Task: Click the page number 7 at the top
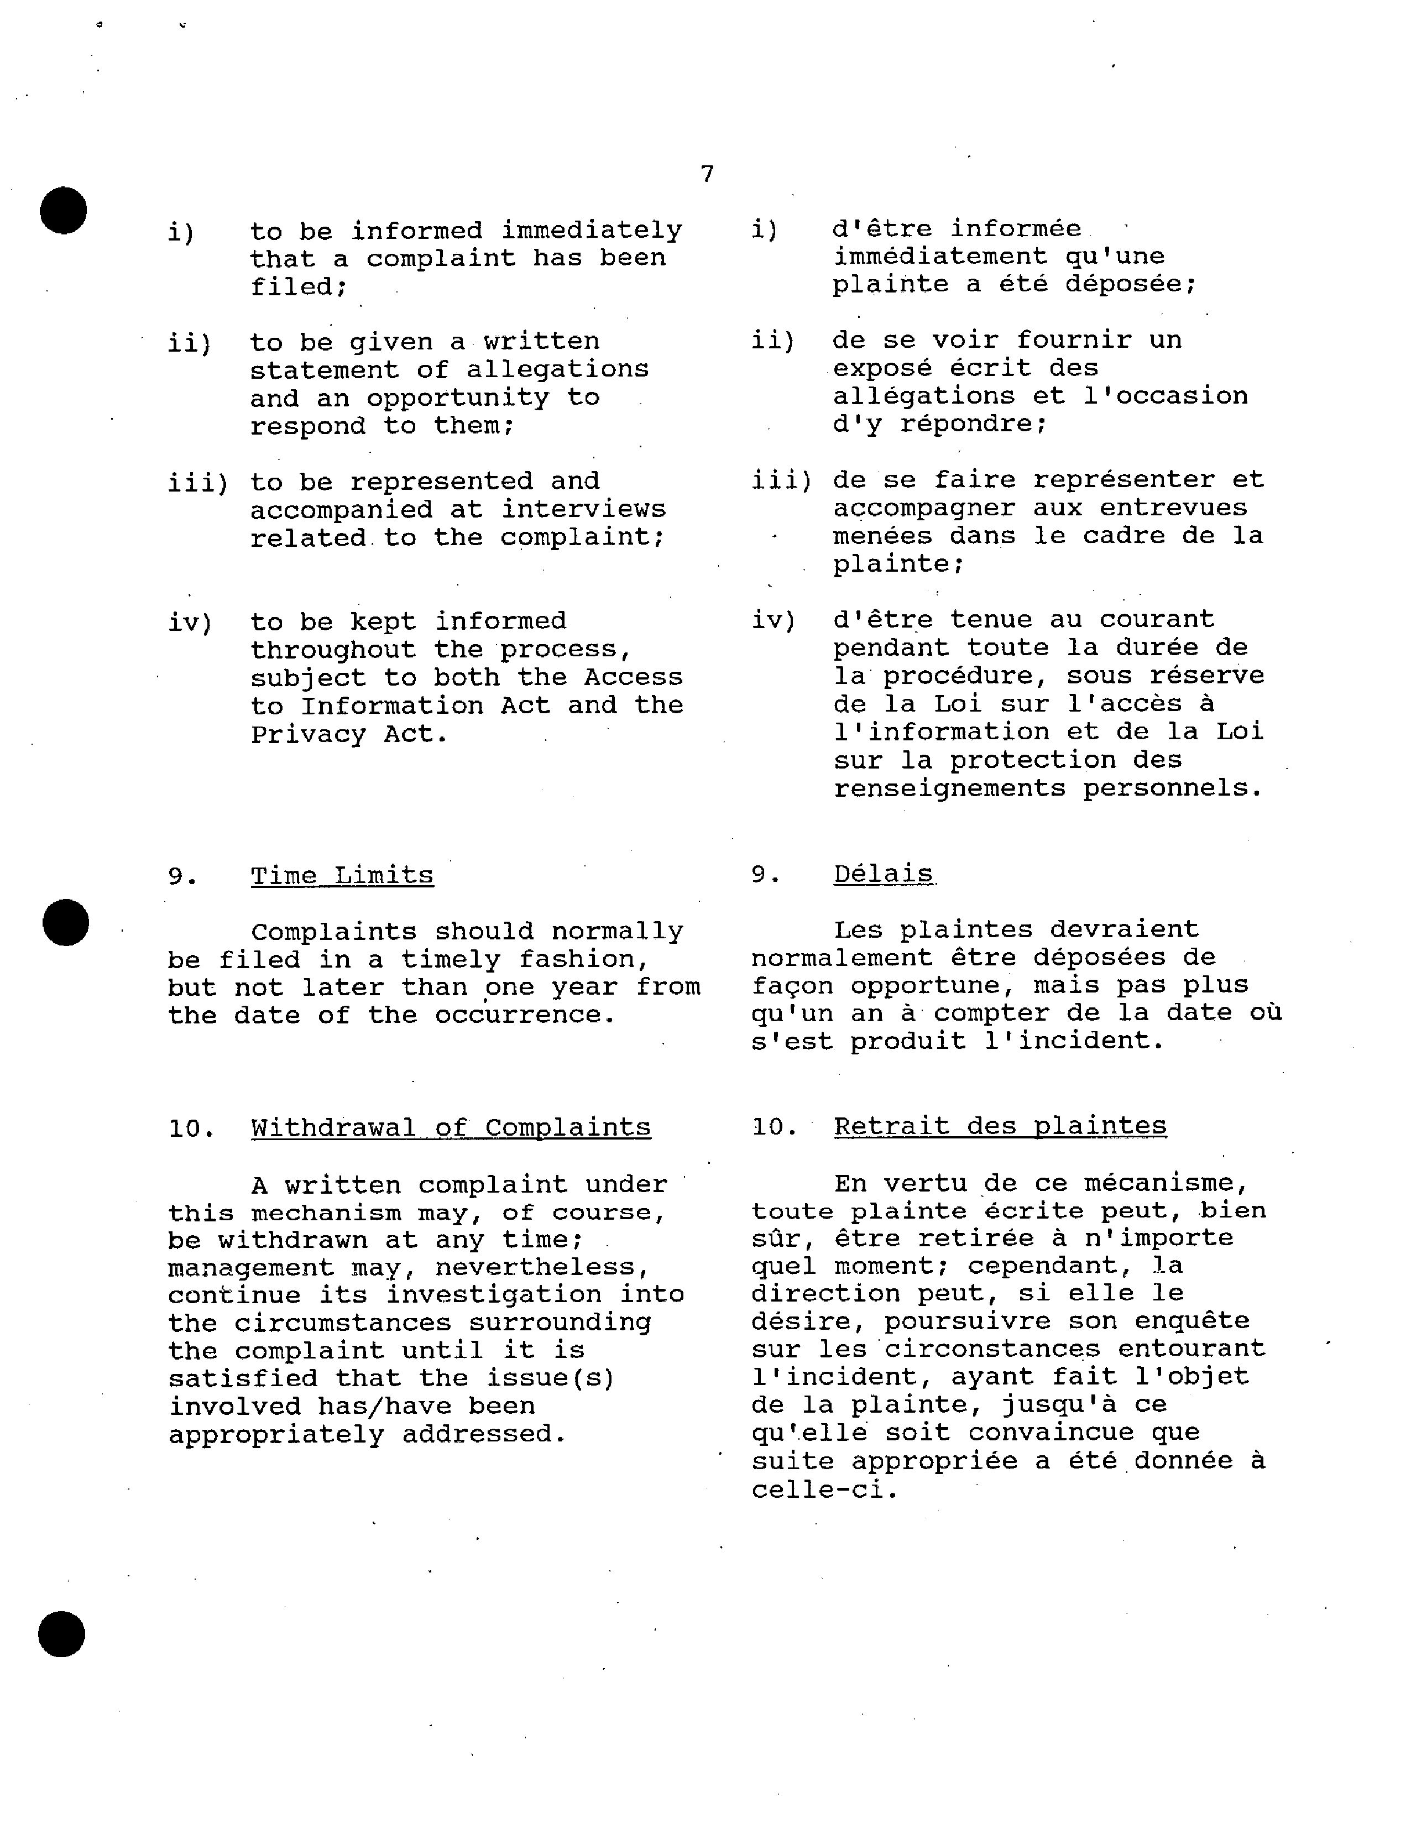click(707, 174)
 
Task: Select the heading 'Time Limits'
click(342, 875)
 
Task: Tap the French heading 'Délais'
click(883, 874)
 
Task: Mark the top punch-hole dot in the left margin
click(64, 210)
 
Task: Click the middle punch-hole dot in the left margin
click(65, 922)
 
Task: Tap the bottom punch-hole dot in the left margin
click(62, 1634)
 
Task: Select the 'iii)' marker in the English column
click(198, 483)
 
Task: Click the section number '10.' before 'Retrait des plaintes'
click(773, 1127)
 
